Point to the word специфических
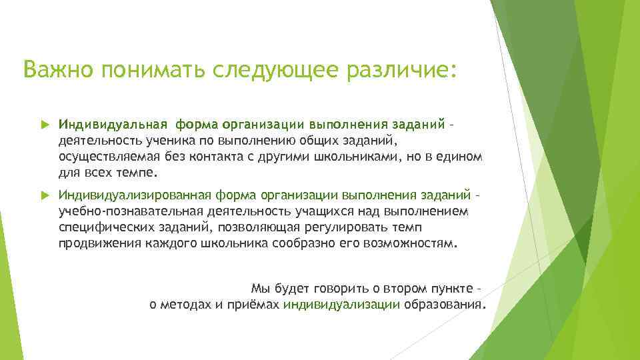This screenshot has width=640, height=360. [98, 227]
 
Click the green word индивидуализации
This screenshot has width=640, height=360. [341, 305]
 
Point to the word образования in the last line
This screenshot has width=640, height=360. [443, 305]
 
